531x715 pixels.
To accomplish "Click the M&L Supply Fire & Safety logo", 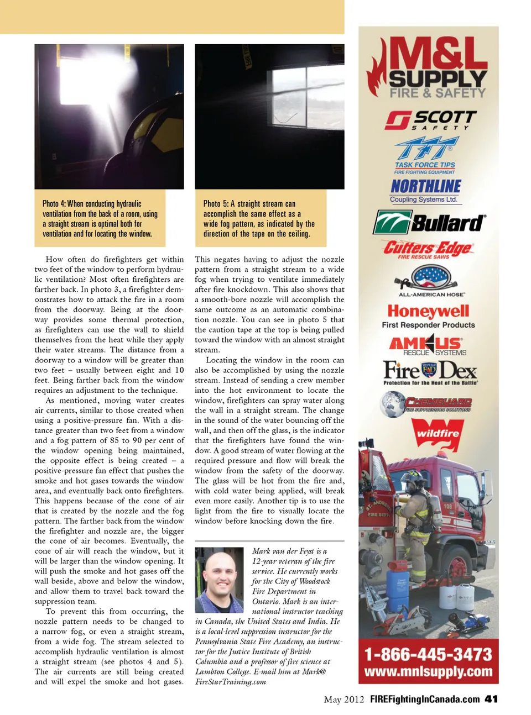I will tap(429, 67).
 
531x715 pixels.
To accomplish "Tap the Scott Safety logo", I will tap(430, 120).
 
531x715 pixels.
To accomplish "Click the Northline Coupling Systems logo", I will tap(425, 191).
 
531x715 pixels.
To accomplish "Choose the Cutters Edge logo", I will tap(428, 249).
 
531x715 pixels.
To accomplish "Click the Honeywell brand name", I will tap(428, 311).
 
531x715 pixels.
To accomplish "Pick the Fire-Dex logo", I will tap(430, 372).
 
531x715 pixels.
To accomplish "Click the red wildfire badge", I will tap(438, 433).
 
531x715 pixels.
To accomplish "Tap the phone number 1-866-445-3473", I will tap(428, 655).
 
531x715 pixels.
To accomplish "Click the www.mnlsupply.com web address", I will tap(428, 672).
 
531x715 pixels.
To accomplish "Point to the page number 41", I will tap(491, 699).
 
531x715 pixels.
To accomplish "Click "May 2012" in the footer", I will tap(343, 700).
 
